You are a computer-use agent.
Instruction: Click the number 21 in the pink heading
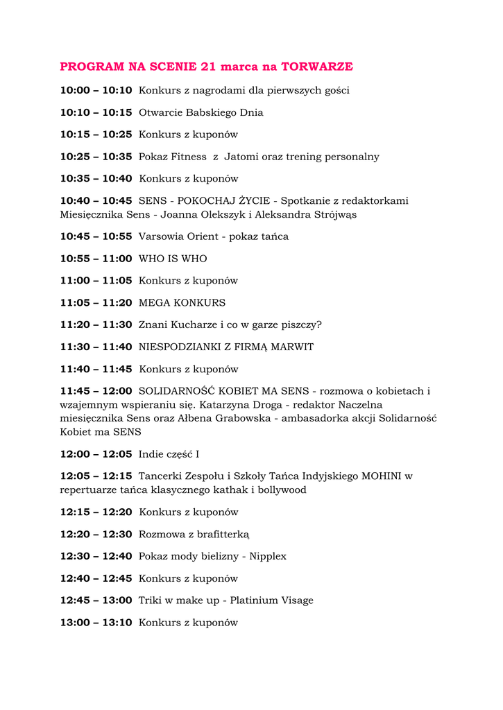[209, 67]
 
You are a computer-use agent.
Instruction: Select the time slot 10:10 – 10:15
[96, 112]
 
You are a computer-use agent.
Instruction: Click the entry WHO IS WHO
[173, 259]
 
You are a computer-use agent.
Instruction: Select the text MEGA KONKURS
[182, 303]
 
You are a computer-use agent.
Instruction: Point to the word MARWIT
[295, 347]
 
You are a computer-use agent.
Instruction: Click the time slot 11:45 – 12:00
[96, 391]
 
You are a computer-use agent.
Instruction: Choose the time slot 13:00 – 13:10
[96, 623]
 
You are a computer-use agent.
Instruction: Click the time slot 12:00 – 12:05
[96, 454]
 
